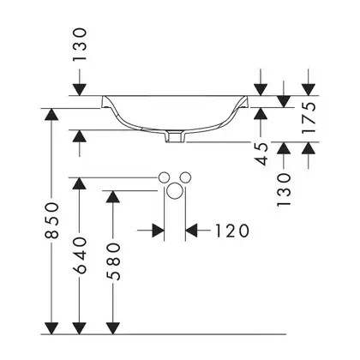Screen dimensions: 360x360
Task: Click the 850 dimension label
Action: (51, 220)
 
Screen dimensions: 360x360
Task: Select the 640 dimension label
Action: (79, 255)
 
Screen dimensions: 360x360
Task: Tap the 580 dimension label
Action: (113, 261)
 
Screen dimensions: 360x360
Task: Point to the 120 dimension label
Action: (231, 231)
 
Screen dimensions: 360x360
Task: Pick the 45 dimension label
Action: (261, 154)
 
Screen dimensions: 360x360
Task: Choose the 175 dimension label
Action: (309, 117)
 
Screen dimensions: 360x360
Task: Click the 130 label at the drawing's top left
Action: (79, 45)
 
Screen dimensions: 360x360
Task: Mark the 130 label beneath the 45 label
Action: (284, 189)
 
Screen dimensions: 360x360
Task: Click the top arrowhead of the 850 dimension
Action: (51, 114)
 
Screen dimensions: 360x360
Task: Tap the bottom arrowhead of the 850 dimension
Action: (51, 328)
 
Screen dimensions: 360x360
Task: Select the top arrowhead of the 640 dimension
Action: (79, 183)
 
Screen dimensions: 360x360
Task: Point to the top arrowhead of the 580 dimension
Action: (113, 196)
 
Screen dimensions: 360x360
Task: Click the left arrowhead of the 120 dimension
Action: (159, 231)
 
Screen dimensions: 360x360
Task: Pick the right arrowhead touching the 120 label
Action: (191, 231)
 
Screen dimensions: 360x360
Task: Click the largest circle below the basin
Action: (174, 191)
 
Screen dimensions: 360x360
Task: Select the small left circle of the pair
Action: (164, 177)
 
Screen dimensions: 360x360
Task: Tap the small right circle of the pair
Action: (186, 177)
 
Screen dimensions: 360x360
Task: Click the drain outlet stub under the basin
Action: (176, 136)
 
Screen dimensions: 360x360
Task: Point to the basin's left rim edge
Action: (104, 102)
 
